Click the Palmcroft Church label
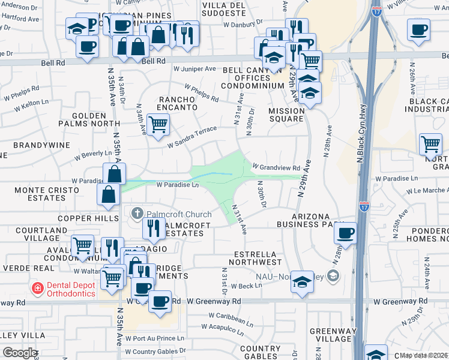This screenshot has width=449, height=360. click(x=178, y=214)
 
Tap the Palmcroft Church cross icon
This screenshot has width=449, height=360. click(x=137, y=214)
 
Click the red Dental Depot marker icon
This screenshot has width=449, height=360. click(x=38, y=289)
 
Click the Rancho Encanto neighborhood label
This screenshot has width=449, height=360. click(x=177, y=103)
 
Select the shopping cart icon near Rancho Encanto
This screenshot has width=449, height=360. click(x=158, y=125)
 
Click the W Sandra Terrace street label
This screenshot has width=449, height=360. click(x=191, y=137)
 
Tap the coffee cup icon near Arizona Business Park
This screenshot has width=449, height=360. click(x=345, y=233)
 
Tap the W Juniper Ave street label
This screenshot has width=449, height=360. click(x=194, y=69)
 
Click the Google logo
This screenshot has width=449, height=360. click(x=20, y=352)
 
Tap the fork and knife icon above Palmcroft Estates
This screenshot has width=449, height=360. click(x=154, y=227)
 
